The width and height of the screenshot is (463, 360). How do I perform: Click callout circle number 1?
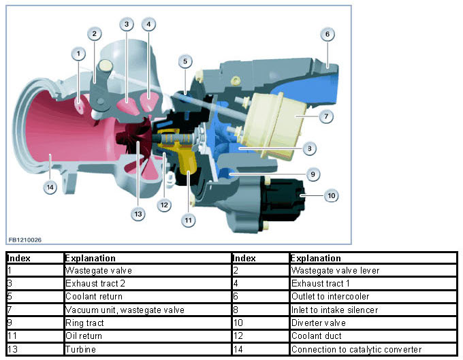(x=79, y=52)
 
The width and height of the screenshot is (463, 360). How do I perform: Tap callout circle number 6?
(x=327, y=33)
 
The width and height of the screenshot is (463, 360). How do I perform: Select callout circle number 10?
(x=331, y=196)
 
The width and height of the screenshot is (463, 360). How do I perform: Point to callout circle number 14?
(x=50, y=186)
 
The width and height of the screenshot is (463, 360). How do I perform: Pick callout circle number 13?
(x=138, y=214)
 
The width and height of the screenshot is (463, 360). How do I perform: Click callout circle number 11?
(x=188, y=220)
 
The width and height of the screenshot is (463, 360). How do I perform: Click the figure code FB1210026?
(x=25, y=240)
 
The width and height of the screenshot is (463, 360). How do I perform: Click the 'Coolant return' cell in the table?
(x=94, y=296)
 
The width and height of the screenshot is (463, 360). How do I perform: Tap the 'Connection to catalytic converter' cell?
(x=356, y=349)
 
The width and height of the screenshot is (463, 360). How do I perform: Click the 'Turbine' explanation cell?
(x=81, y=349)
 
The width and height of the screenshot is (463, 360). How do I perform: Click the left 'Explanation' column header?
(x=90, y=258)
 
